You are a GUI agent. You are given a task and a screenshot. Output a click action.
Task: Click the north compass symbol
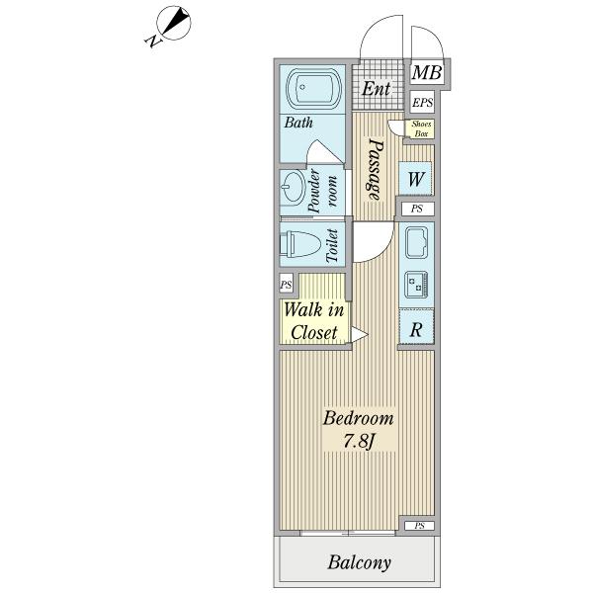click(172, 24)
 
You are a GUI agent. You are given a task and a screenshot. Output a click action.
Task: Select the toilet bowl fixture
click(299, 244)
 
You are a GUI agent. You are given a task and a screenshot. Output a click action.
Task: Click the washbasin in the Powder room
click(294, 187)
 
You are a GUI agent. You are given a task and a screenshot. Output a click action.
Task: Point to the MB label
click(427, 72)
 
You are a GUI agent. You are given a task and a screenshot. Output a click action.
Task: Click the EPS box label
click(422, 102)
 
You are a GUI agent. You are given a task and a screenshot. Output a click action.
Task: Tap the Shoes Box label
click(421, 128)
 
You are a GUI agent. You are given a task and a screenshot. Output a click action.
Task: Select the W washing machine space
click(415, 179)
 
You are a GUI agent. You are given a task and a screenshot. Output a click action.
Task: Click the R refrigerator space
click(416, 327)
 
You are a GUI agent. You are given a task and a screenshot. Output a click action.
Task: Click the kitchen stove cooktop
click(416, 284)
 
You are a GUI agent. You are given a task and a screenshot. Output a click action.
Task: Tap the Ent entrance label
click(376, 89)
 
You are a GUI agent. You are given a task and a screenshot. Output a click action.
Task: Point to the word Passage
click(376, 169)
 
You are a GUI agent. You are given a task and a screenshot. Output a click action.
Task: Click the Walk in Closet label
click(314, 321)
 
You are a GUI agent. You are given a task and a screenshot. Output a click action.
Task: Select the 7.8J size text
click(359, 441)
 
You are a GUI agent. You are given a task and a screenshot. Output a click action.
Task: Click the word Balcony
click(359, 562)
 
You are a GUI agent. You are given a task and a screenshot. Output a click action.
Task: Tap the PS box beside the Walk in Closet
click(287, 284)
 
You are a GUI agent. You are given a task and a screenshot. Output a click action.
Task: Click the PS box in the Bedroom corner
click(419, 526)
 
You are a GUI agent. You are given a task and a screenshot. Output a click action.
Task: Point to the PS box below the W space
click(417, 209)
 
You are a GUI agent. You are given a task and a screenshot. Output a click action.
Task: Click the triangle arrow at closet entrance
click(359, 334)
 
